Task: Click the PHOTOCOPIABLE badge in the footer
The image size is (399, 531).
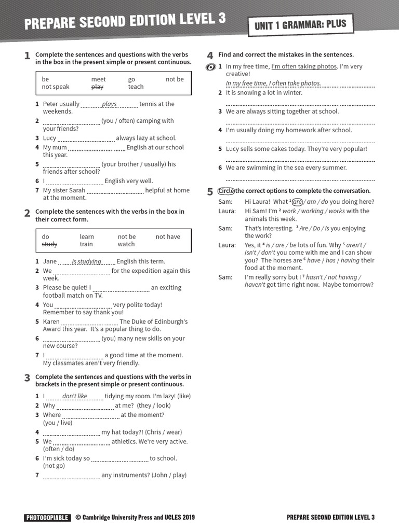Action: [47, 517]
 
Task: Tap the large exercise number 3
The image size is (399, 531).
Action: [27, 378]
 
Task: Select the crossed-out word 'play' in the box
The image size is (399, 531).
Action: [97, 87]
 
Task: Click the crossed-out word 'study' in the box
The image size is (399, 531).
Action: [49, 244]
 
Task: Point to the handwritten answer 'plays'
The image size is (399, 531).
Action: [109, 104]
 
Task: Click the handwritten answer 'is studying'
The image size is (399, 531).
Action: [86, 261]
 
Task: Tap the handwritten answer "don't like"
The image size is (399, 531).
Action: [75, 396]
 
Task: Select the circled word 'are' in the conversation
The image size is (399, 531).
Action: [297, 202]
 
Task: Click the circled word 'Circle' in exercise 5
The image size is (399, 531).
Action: [226, 191]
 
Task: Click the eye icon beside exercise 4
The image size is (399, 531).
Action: [210, 67]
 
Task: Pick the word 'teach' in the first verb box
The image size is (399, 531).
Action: [136, 87]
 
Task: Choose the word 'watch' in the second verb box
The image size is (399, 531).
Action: [126, 244]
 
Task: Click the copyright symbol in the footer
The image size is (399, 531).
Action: [78, 517]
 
